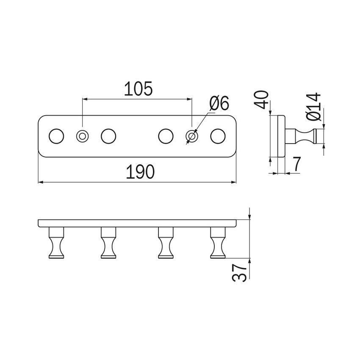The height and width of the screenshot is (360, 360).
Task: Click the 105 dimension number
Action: [138, 89]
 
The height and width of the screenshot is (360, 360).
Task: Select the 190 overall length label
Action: [140, 172]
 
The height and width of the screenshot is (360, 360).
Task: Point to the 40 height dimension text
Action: [262, 100]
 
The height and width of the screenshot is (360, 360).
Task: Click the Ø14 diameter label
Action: [313, 107]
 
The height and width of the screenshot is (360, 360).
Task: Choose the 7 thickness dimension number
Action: [296, 164]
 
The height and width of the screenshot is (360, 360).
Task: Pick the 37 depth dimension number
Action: [239, 272]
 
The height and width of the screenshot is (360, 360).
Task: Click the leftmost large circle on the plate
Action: [56, 136]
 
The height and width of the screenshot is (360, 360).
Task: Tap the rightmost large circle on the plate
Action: [218, 136]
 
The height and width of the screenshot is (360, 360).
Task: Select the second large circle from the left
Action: [108, 136]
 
